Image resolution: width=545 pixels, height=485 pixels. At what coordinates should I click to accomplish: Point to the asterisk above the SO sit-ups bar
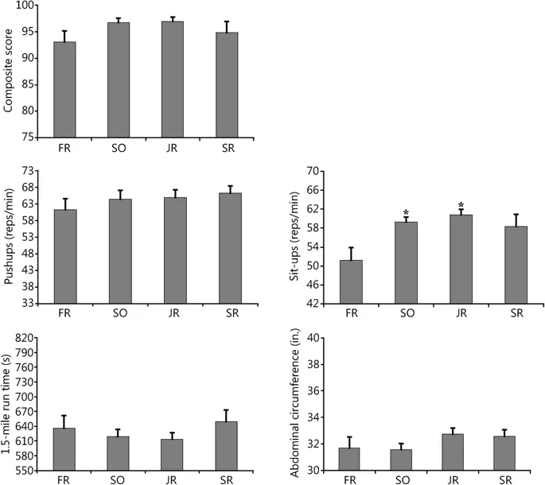pos(406,212)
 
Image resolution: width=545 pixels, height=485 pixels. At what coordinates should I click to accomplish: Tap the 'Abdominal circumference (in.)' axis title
pos(297,404)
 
